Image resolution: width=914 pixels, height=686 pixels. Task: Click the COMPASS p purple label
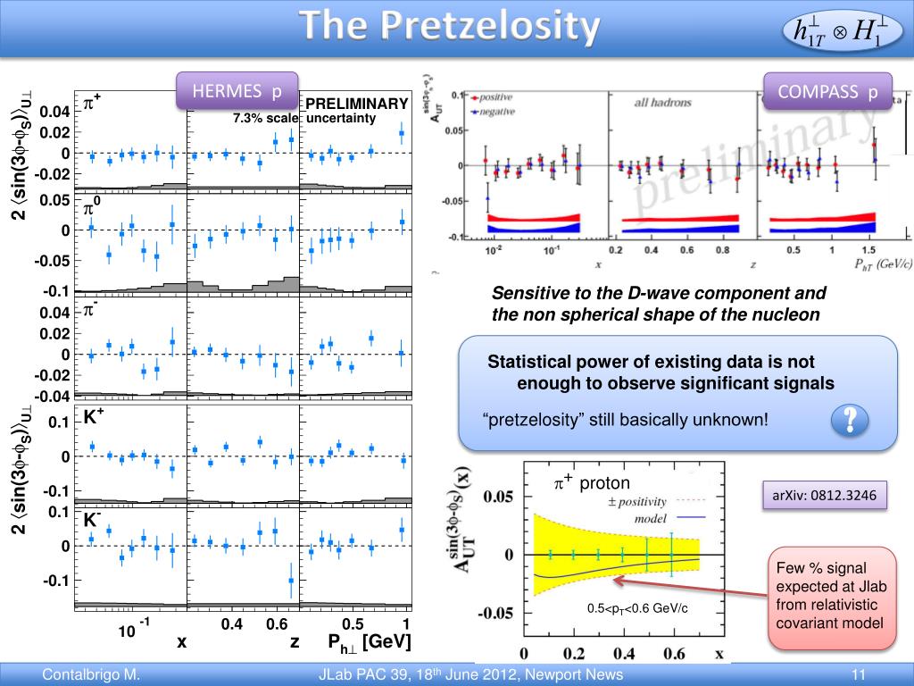tap(827, 91)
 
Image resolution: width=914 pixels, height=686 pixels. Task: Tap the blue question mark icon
tap(850, 419)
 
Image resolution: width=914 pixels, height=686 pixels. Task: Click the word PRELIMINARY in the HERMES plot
tap(357, 104)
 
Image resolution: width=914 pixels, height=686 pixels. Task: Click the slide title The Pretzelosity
tap(449, 27)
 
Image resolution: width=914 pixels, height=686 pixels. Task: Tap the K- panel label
tap(93, 519)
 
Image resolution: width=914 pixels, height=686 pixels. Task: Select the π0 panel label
tap(91, 208)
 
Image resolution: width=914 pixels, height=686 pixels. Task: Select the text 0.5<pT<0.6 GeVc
tap(636, 609)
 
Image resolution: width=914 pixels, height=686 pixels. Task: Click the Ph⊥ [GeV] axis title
tap(369, 641)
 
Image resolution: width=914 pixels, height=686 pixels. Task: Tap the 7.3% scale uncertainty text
tap(294, 118)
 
